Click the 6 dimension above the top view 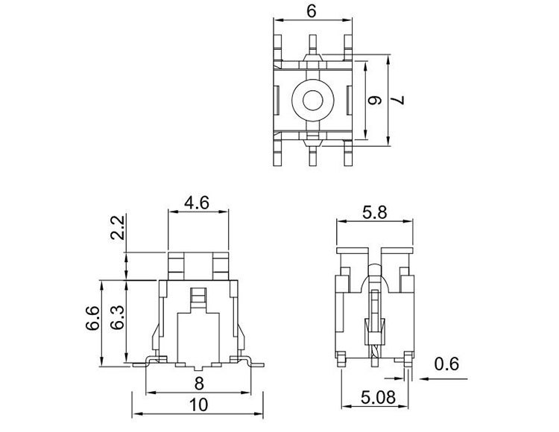click(312, 11)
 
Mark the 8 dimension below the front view click(199, 384)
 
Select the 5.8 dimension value click(373, 212)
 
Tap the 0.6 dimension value click(449, 364)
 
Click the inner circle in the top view click(312, 99)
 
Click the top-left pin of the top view click(277, 47)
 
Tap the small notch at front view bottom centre click(199, 369)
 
